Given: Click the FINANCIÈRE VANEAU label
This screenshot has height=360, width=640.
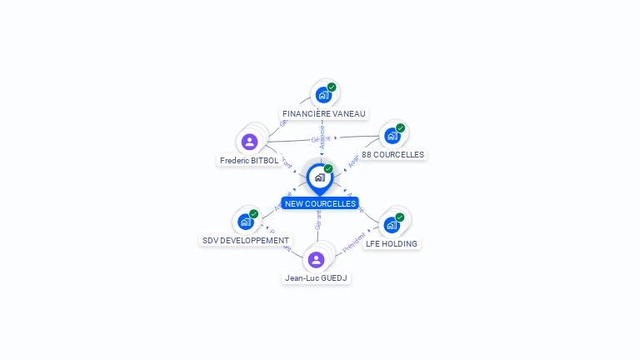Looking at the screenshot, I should pos(323,113).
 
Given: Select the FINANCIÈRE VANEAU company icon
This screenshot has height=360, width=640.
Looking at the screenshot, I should pos(322,96).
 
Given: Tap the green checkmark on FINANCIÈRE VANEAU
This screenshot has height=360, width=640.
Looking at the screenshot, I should pos(332,87).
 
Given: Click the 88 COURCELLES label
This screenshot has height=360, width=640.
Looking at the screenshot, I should pos(392,154).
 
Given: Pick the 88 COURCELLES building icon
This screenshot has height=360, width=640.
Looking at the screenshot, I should pos(391,136).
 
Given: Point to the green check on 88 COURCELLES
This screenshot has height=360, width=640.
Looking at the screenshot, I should pos(401,127).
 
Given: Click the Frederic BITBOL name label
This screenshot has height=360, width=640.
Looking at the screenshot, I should pos(249,160).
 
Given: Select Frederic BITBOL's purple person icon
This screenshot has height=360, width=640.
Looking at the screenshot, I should pos(249,142).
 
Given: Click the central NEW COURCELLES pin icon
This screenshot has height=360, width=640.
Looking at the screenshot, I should pos(319,177).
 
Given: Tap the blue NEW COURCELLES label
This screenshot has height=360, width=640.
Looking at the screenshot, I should pos(320,203).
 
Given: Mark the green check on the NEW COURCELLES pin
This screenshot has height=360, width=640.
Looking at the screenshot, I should pos(328,168).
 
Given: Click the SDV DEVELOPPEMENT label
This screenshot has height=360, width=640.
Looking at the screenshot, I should pos(246,240).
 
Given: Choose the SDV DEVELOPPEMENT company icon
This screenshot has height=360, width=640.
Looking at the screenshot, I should pos(245,222).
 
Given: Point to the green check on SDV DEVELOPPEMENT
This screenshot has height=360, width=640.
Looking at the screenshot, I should pos(254,213).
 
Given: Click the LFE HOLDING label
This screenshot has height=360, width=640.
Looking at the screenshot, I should pos(392,243).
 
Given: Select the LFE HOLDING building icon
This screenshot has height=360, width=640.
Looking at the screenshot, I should pos(391,224).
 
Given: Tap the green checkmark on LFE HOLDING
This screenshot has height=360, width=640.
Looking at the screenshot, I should pos(400,217).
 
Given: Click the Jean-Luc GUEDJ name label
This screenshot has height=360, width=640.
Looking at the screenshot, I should pos(317,277).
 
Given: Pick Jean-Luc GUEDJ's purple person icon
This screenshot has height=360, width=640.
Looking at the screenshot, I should pos(316,259).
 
